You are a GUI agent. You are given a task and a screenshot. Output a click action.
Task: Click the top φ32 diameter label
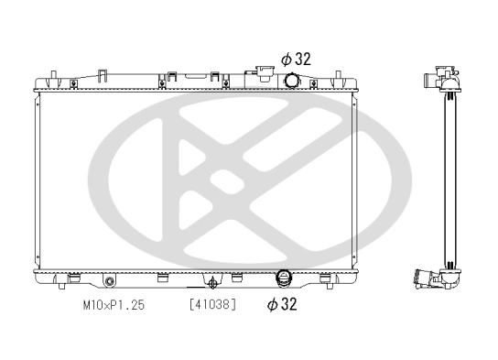[x=297, y=59]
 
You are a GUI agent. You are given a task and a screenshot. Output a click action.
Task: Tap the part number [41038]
[x=212, y=304]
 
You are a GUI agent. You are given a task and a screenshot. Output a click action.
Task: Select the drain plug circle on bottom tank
[x=110, y=280]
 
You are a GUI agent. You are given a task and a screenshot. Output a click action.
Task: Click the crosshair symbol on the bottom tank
[x=213, y=282]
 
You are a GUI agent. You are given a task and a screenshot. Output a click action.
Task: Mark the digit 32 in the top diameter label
[x=303, y=59]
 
